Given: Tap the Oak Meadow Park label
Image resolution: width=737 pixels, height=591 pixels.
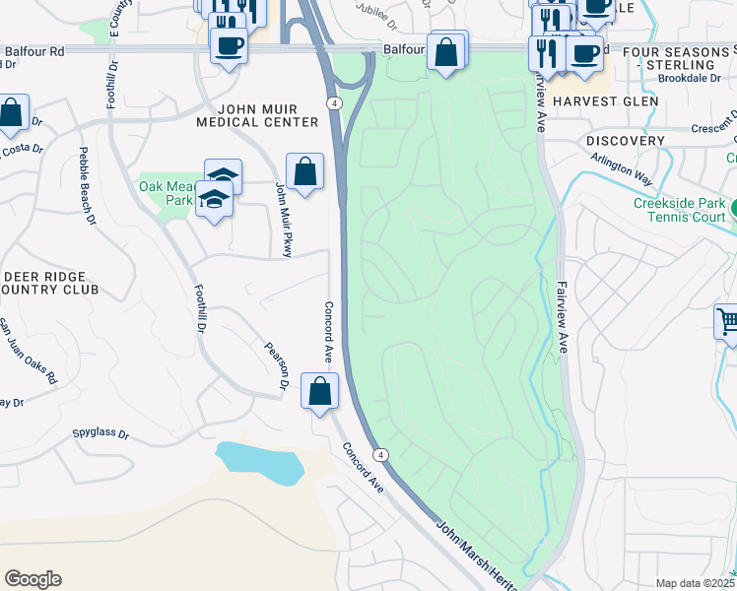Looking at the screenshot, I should [x=164, y=192].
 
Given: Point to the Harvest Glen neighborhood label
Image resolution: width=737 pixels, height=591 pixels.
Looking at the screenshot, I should [x=604, y=101].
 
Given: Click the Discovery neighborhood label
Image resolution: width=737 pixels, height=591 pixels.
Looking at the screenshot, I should [x=625, y=141].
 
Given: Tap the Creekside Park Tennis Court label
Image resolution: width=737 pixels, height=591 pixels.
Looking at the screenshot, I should [x=679, y=211].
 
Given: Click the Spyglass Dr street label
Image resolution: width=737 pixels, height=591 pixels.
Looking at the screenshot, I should [x=101, y=432].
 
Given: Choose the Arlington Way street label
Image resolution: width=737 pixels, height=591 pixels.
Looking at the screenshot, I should [x=622, y=167].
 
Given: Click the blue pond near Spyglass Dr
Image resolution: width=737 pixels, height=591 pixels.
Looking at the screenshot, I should [x=257, y=462].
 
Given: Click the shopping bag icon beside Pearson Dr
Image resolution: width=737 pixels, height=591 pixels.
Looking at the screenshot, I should [x=319, y=392].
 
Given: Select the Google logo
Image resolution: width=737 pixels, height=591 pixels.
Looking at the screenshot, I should [x=33, y=579].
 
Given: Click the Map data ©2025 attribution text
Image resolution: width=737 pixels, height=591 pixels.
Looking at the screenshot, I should [x=696, y=583].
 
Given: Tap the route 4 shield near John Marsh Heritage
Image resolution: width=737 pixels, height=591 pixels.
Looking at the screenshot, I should [x=381, y=454].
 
